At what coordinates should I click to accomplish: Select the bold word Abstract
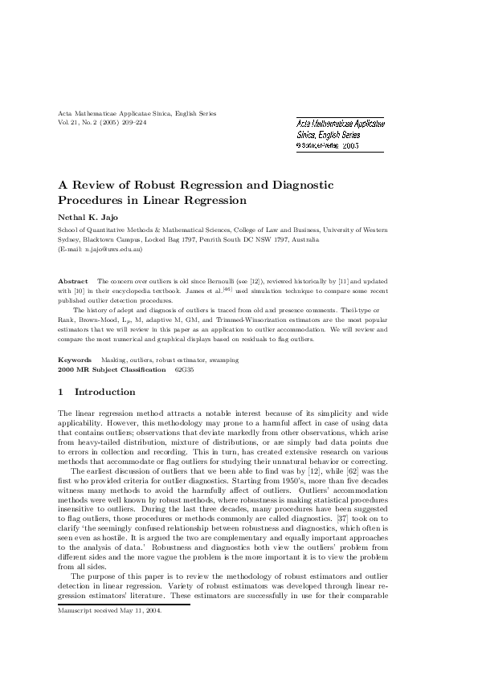click(x=74, y=281)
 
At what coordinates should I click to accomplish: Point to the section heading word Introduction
click(x=104, y=392)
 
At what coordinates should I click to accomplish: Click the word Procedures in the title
click(x=92, y=200)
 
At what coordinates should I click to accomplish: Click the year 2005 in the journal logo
click(x=351, y=147)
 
